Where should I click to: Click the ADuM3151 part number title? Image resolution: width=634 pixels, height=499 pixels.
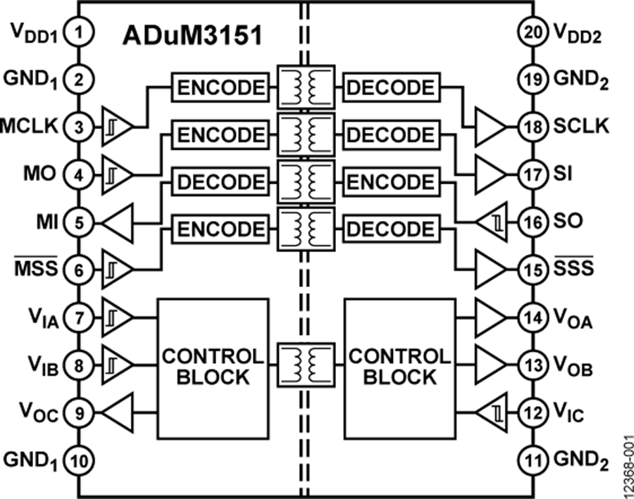pyautogui.click(x=193, y=36)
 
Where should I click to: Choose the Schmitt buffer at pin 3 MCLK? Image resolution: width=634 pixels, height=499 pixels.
pyautogui.click(x=117, y=127)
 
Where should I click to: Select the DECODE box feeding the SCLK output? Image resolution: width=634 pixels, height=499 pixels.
pyautogui.click(x=391, y=88)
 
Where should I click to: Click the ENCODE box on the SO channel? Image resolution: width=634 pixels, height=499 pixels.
pyautogui.click(x=391, y=182)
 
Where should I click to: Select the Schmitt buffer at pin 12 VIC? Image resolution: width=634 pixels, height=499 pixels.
pyautogui.click(x=490, y=412)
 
